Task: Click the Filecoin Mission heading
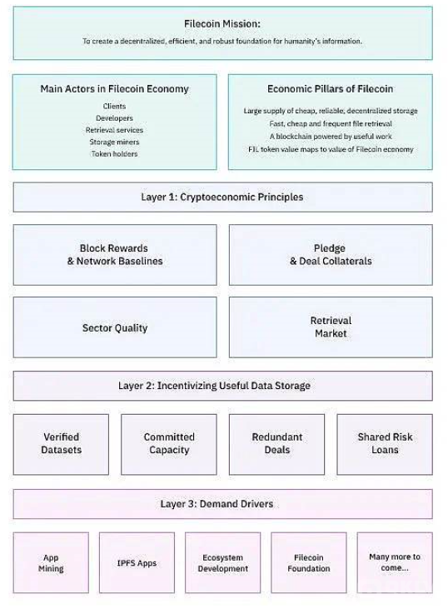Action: point(222,23)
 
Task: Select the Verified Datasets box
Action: point(61,444)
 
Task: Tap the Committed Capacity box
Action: point(169,444)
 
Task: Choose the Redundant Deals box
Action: point(276,444)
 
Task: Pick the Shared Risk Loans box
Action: point(385,444)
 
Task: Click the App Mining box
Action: point(51,563)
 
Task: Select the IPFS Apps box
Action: point(137,563)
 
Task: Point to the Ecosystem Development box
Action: point(223,563)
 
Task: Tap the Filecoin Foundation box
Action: point(309,563)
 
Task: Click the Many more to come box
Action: point(395,563)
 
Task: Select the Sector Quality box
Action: point(115,327)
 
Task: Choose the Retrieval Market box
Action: point(331,327)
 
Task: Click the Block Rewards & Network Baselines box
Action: point(115,255)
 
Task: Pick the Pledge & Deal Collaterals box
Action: point(331,255)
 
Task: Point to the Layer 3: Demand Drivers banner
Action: point(223,504)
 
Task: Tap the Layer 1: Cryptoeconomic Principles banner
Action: point(223,197)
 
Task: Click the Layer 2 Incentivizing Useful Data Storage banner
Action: point(223,386)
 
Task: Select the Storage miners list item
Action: point(115,142)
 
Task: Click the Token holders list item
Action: point(115,154)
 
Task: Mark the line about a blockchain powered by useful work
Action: point(331,137)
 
